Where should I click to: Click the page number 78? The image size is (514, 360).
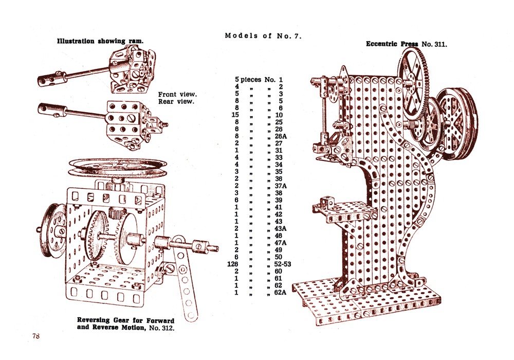(35, 336)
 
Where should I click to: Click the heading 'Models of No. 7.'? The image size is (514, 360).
(263, 36)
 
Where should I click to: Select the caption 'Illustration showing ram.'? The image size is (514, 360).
(100, 41)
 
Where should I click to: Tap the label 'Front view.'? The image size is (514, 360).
(178, 94)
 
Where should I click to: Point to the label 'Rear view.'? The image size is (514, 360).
(176, 101)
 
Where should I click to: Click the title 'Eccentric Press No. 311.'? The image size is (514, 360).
(406, 44)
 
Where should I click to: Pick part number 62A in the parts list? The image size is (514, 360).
(280, 293)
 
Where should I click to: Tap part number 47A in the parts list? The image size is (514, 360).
(280, 243)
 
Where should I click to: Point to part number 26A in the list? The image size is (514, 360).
(280, 136)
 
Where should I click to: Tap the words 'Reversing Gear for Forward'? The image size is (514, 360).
(126, 320)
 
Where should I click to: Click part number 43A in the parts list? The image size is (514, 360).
(280, 228)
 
